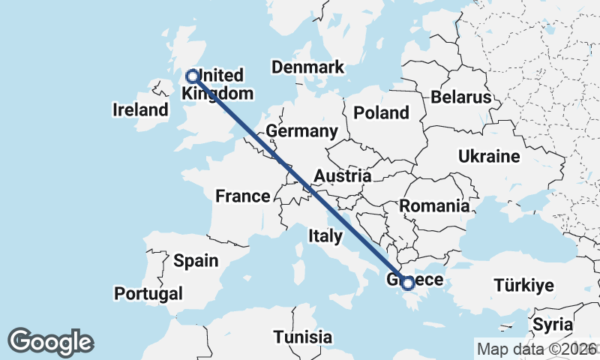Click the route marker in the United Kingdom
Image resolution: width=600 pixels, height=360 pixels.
[x=193, y=76]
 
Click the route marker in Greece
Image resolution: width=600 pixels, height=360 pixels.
[x=407, y=283]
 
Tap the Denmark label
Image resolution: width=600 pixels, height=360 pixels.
[x=307, y=67]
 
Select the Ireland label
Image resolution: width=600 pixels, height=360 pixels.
[x=140, y=110]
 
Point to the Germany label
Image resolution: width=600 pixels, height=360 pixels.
[x=302, y=131]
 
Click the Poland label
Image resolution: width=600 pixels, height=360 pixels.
[x=382, y=113]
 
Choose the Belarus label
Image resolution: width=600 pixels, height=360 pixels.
[x=460, y=97]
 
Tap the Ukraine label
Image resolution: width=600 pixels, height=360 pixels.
[x=488, y=157]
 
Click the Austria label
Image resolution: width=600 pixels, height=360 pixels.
[x=342, y=176]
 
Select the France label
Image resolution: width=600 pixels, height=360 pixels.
[x=242, y=196]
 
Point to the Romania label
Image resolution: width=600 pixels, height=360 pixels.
[x=435, y=205]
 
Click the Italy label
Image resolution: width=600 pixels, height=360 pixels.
[x=325, y=236]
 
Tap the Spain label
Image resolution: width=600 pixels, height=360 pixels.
[x=196, y=261]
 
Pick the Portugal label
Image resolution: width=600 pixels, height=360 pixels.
[x=149, y=292]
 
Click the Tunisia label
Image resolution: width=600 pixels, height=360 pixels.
[x=302, y=337]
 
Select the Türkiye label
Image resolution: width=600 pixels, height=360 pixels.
[x=523, y=285]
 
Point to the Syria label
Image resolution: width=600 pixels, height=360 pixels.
[x=553, y=325]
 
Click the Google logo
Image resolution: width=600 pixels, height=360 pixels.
[x=51, y=342]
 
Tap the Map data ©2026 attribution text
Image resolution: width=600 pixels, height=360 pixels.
[x=536, y=349]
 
